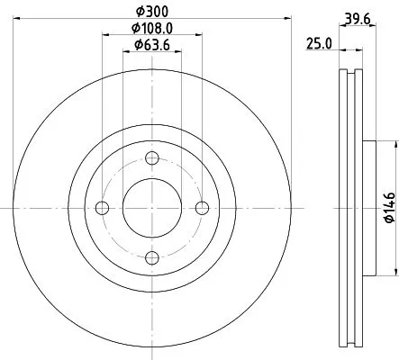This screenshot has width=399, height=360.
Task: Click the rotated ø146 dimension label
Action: pyautogui.click(x=388, y=207)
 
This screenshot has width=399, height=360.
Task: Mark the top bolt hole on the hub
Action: pyautogui.click(x=151, y=158)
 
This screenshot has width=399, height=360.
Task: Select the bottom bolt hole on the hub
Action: pyautogui.click(x=151, y=257)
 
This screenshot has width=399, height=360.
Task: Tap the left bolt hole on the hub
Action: pyautogui.click(x=102, y=208)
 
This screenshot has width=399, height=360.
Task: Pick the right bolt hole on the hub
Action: pyautogui.click(x=201, y=208)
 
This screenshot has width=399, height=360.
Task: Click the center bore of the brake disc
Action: pyautogui.click(x=151, y=208)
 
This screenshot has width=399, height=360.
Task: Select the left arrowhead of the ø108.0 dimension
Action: pyautogui.click(x=105, y=35)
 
